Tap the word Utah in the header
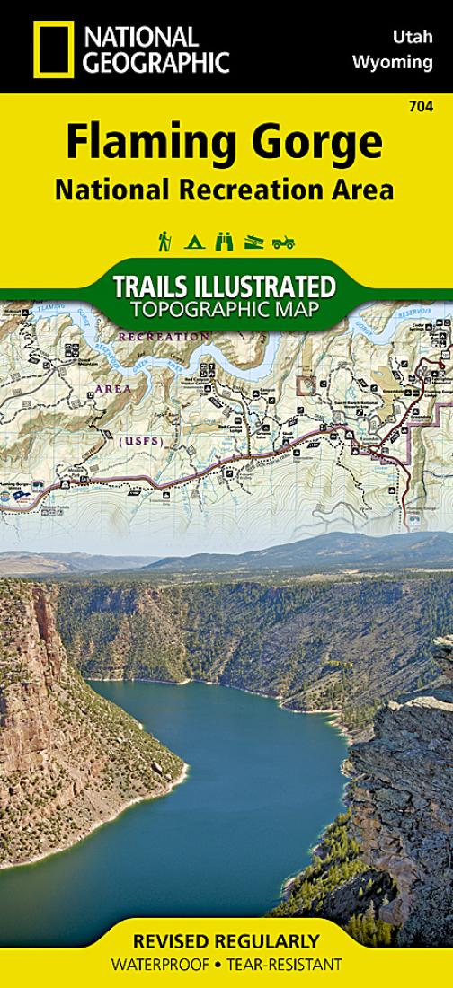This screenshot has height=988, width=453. click(413, 38)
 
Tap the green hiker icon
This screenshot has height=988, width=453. click(164, 241)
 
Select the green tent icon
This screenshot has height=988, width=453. click(194, 242)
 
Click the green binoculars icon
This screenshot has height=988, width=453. click(225, 241)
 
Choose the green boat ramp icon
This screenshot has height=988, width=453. click(254, 242)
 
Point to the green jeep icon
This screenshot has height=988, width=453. click(284, 242)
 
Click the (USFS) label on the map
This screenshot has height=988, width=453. click(136, 440)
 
